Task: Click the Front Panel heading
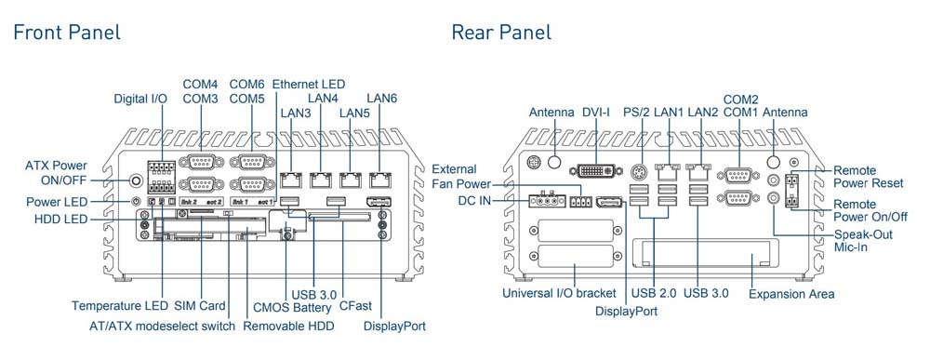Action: point(66,33)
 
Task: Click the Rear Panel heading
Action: point(501,33)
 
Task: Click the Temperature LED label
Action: point(120,305)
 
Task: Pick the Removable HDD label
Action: point(289,327)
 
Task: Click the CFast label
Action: point(356,305)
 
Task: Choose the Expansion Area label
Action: point(791,294)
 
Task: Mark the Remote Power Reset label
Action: point(868,177)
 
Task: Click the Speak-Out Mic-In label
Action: point(863,241)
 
